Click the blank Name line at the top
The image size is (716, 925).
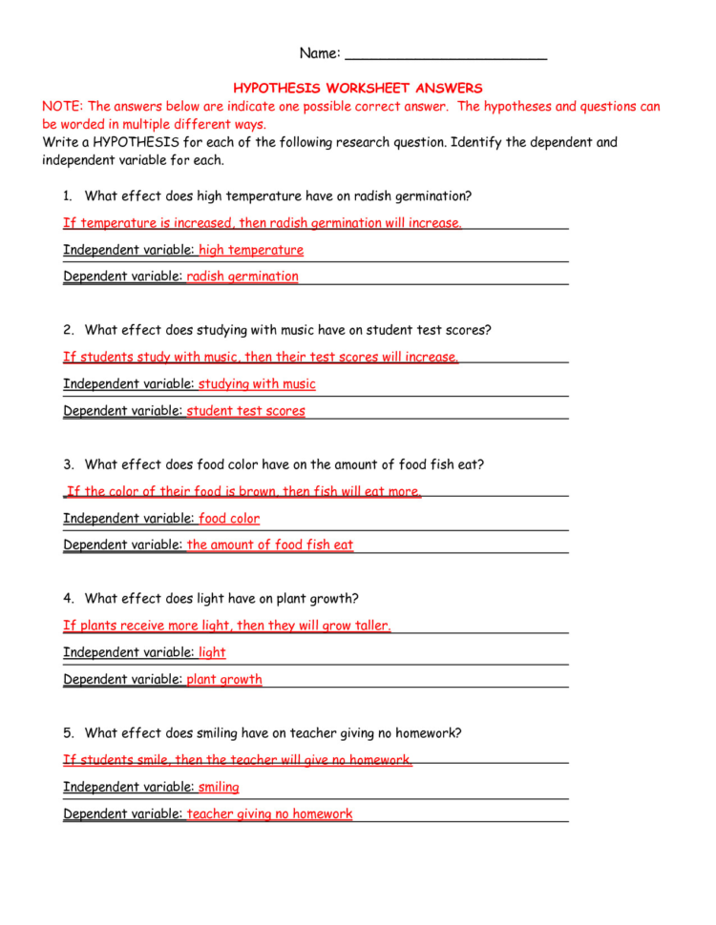pos(445,54)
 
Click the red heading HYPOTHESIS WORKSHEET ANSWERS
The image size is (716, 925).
pos(358,88)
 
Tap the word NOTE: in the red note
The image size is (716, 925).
pos(63,107)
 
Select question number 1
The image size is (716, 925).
pos(68,196)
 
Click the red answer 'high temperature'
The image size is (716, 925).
pos(251,250)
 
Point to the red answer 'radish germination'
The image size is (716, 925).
pos(242,277)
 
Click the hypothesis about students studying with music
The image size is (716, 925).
pos(261,358)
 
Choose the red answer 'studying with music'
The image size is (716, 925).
pos(257,384)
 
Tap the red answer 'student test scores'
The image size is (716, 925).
pos(246,411)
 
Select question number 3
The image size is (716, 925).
pos(68,465)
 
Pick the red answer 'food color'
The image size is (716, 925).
pos(229,519)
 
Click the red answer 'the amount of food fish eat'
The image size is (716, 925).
pos(270,545)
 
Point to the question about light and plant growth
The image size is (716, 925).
pos(221,599)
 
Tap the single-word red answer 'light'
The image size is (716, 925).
pos(212,653)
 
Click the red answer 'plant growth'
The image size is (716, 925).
pos(224,680)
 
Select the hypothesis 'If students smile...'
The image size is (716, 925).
pos(238,760)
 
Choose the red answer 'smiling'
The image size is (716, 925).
pos(219,788)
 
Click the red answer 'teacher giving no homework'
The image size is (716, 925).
pos(270,814)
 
